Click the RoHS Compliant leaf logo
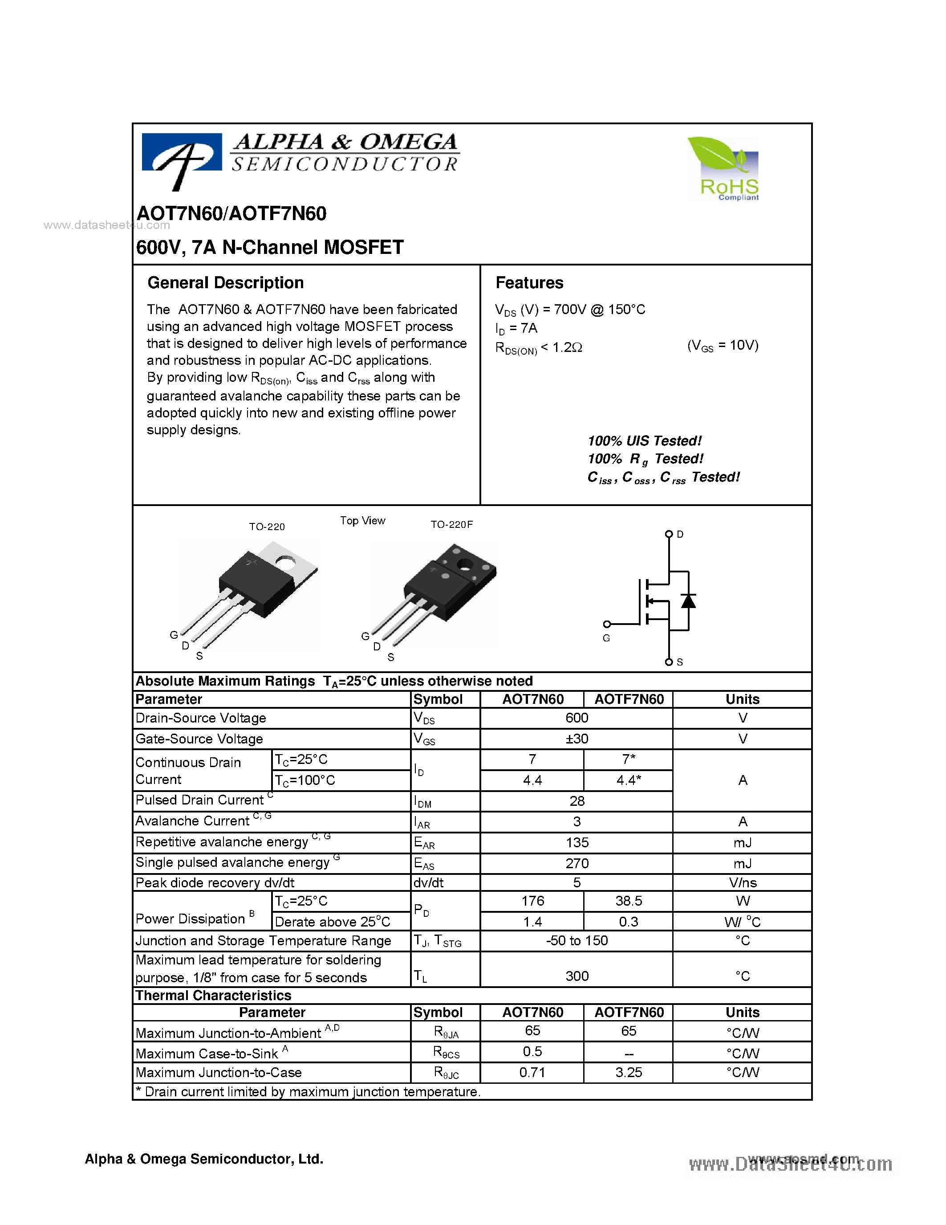click(x=723, y=168)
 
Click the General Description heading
click(x=225, y=283)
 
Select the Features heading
click(x=529, y=283)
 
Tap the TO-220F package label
click(x=451, y=524)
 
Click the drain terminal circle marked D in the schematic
click(x=669, y=534)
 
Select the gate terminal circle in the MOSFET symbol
click(x=607, y=624)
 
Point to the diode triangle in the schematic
click(x=688, y=601)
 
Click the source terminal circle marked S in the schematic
click(x=669, y=662)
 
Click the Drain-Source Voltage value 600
click(x=577, y=718)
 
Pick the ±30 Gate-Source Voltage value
click(x=577, y=739)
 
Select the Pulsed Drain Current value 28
click(x=577, y=801)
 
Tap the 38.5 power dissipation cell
click(x=628, y=901)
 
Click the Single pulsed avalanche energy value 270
click(x=577, y=863)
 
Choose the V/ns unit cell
click(x=743, y=883)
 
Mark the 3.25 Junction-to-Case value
click(x=628, y=1073)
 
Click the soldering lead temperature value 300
click(x=577, y=976)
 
